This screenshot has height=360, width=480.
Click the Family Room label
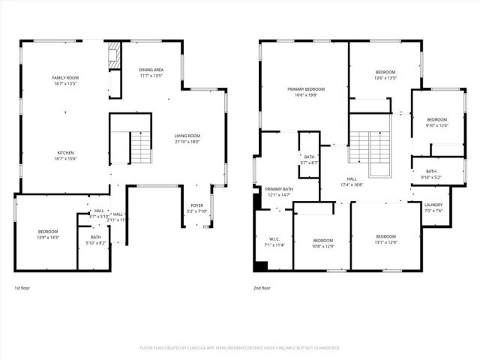tap(65, 78)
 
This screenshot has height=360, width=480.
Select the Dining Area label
tap(151, 70)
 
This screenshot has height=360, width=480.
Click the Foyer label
tap(196, 205)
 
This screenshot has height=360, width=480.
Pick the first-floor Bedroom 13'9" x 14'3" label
tap(47, 232)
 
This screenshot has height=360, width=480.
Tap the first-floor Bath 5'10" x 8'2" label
tap(96, 237)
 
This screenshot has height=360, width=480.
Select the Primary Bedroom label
tap(304, 89)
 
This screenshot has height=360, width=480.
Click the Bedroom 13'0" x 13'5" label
tap(385, 73)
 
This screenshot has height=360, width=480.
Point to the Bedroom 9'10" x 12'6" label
tap(436, 120)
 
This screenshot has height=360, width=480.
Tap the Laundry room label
tap(433, 205)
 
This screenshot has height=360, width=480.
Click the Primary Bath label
tap(278, 189)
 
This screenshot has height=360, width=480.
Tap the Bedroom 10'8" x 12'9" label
tap(322, 240)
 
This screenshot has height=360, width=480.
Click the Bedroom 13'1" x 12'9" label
tap(385, 237)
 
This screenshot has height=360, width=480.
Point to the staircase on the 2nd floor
tap(370, 150)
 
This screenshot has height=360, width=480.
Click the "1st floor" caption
tap(22, 288)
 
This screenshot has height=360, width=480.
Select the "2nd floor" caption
tap(262, 288)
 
